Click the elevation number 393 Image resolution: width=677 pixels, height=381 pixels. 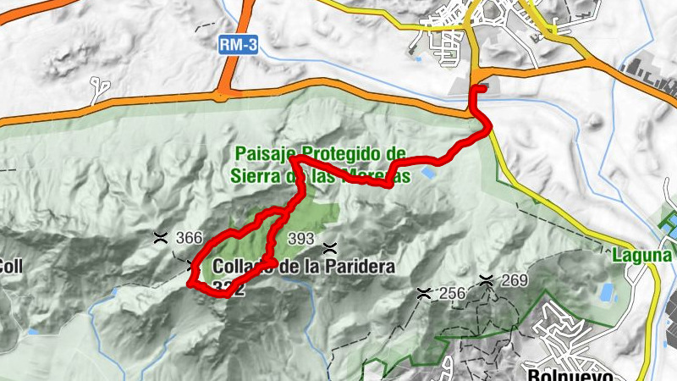click(302, 238)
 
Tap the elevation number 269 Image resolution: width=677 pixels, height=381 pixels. click(514, 280)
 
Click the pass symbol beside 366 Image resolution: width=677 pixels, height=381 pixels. click(160, 237)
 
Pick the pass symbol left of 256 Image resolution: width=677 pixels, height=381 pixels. click(425, 293)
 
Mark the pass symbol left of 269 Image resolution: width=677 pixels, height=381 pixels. click(487, 279)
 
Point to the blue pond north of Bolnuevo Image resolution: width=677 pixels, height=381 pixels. click(608, 293)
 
